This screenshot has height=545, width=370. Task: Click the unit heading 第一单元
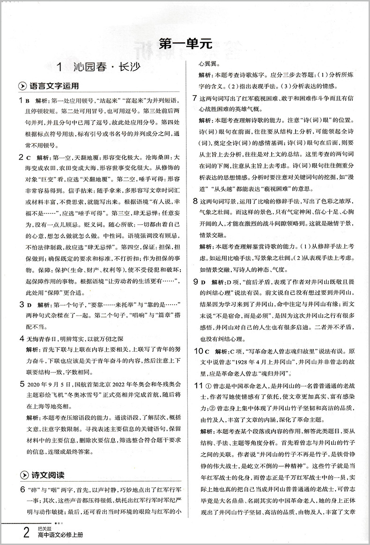click(x=186, y=44)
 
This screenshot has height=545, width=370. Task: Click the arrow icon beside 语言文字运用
click(x=22, y=87)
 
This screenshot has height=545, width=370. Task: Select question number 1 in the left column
click(x=21, y=100)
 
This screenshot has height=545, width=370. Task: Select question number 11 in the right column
click(x=198, y=385)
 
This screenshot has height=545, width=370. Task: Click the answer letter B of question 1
click(x=28, y=101)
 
